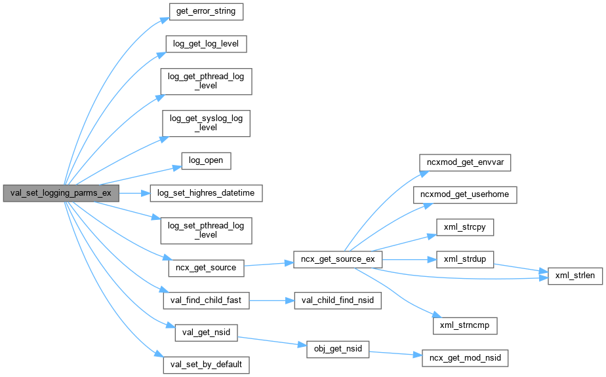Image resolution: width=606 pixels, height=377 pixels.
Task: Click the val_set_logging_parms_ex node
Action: click(x=61, y=193)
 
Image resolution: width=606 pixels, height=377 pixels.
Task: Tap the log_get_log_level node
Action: click(x=206, y=45)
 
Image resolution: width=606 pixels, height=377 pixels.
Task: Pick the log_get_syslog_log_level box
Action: click(x=206, y=123)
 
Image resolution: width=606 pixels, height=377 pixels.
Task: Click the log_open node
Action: click(x=206, y=160)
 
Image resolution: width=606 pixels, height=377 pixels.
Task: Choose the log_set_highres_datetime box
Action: click(x=206, y=193)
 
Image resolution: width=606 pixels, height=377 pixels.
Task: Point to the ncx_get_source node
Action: click(x=206, y=267)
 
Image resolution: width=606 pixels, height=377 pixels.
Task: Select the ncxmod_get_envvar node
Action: click(x=465, y=161)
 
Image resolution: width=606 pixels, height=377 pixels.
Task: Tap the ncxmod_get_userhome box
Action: click(x=465, y=194)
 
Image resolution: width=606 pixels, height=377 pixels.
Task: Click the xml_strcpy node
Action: click(x=465, y=227)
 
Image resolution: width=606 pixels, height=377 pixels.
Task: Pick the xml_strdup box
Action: click(x=465, y=259)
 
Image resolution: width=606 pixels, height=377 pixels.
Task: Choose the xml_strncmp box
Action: click(x=465, y=325)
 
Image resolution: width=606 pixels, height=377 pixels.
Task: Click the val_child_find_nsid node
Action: click(x=333, y=300)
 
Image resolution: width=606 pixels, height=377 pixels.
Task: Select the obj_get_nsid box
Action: click(x=337, y=349)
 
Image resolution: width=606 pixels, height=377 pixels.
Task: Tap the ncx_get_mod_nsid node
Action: click(x=465, y=358)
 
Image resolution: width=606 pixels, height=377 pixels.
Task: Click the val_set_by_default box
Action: click(x=206, y=364)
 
